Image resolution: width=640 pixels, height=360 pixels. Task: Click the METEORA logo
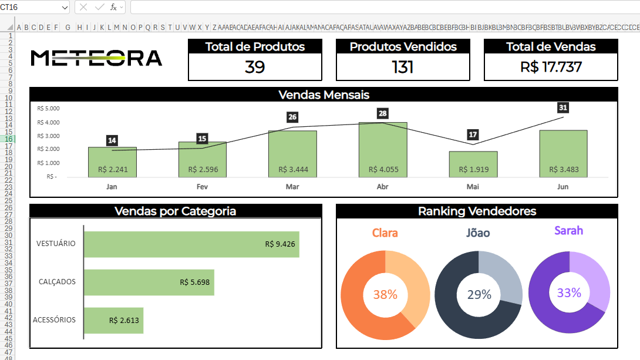pos(96,58)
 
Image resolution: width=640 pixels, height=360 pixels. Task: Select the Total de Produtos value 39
pos(255,67)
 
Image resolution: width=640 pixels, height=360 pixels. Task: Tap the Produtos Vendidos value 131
pos(403,67)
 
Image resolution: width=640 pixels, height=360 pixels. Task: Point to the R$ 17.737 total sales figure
pos(551,67)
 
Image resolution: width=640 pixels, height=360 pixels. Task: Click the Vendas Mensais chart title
pos(324,95)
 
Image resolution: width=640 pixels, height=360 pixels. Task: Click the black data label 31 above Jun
pos(563,107)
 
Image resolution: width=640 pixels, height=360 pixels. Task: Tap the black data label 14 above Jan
pos(112,140)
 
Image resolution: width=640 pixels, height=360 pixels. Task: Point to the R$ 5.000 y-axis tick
pos(48,109)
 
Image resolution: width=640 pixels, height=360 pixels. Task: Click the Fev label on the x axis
pos(202,186)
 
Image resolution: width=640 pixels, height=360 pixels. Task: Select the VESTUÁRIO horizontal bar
pos(191,244)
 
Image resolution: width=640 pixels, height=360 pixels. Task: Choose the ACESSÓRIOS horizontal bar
pos(114,321)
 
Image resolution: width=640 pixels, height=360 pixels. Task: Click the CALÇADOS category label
pos(57,282)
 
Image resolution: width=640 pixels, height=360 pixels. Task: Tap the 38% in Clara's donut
pos(385,295)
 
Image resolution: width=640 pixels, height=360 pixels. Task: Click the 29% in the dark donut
pos(479,295)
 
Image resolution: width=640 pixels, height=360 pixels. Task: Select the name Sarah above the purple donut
pos(568,231)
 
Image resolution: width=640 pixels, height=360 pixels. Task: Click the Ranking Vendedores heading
pos(477,211)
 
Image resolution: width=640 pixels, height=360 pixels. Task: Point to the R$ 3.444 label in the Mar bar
pos(292,170)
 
